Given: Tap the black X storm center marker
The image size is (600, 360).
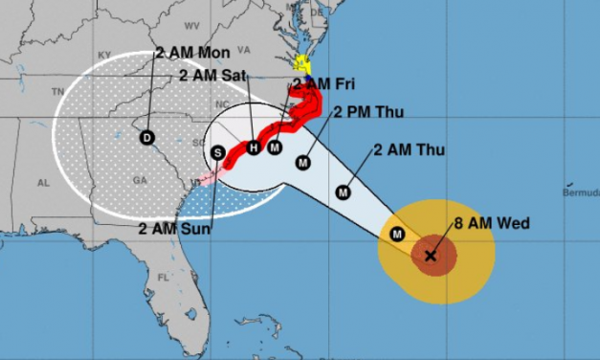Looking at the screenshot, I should point(430,255).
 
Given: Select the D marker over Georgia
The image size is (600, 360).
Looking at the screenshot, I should point(146,137).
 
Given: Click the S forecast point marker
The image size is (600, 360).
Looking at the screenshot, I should point(218,153).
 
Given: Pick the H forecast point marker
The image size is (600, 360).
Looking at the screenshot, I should point(253,147).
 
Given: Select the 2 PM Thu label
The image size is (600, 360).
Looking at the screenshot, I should point(369,112).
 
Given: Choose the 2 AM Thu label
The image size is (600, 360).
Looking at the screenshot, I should point(410,149).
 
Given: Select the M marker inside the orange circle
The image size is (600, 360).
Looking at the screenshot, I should point(397,234).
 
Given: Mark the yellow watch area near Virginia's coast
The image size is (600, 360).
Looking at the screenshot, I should point(302,66).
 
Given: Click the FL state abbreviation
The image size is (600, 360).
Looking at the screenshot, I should point(163,278).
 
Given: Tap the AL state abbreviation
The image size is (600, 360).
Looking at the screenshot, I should point(43,182).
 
